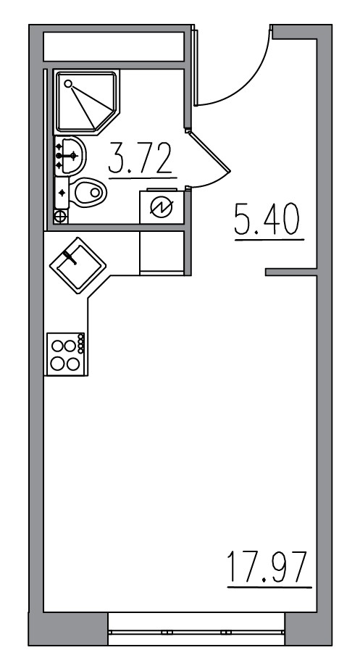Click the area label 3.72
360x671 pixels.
141,159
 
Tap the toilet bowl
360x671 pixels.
89,192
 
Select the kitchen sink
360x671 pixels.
78,266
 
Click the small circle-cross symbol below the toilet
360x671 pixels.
61,216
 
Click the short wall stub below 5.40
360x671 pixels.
290,272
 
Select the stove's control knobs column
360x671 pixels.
81,343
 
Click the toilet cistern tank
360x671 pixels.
62,192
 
